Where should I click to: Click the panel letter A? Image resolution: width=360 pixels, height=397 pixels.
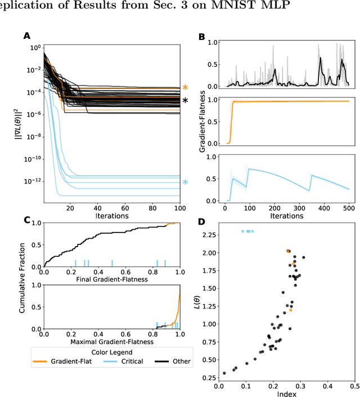click(26, 36)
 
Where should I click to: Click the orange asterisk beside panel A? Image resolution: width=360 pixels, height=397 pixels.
click(185, 88)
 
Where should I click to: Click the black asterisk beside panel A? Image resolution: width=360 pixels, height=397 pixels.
click(185, 101)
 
